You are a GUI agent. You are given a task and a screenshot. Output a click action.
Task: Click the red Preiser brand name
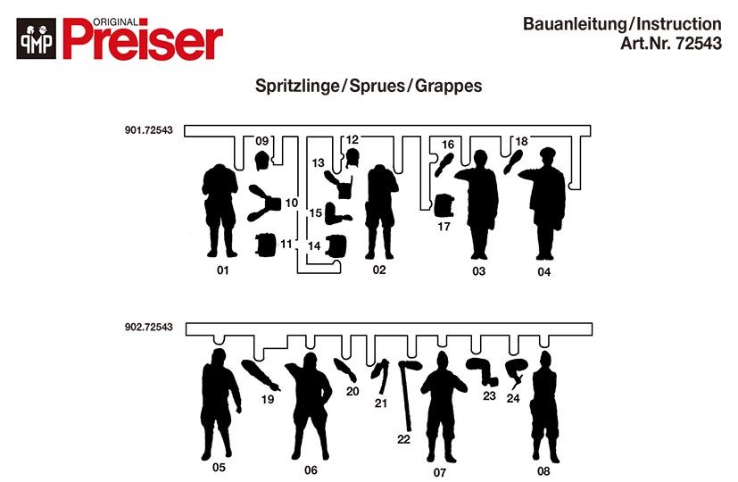point(143,41)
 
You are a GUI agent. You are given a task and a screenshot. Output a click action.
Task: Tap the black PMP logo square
point(36,41)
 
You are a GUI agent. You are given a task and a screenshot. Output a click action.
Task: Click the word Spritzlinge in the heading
point(297,87)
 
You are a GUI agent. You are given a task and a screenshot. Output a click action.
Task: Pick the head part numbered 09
point(261,161)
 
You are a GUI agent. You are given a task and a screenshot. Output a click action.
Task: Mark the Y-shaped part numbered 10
point(265,203)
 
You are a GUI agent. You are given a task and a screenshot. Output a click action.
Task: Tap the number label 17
point(444,227)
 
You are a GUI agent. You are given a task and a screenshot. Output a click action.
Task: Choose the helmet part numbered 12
point(352,158)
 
